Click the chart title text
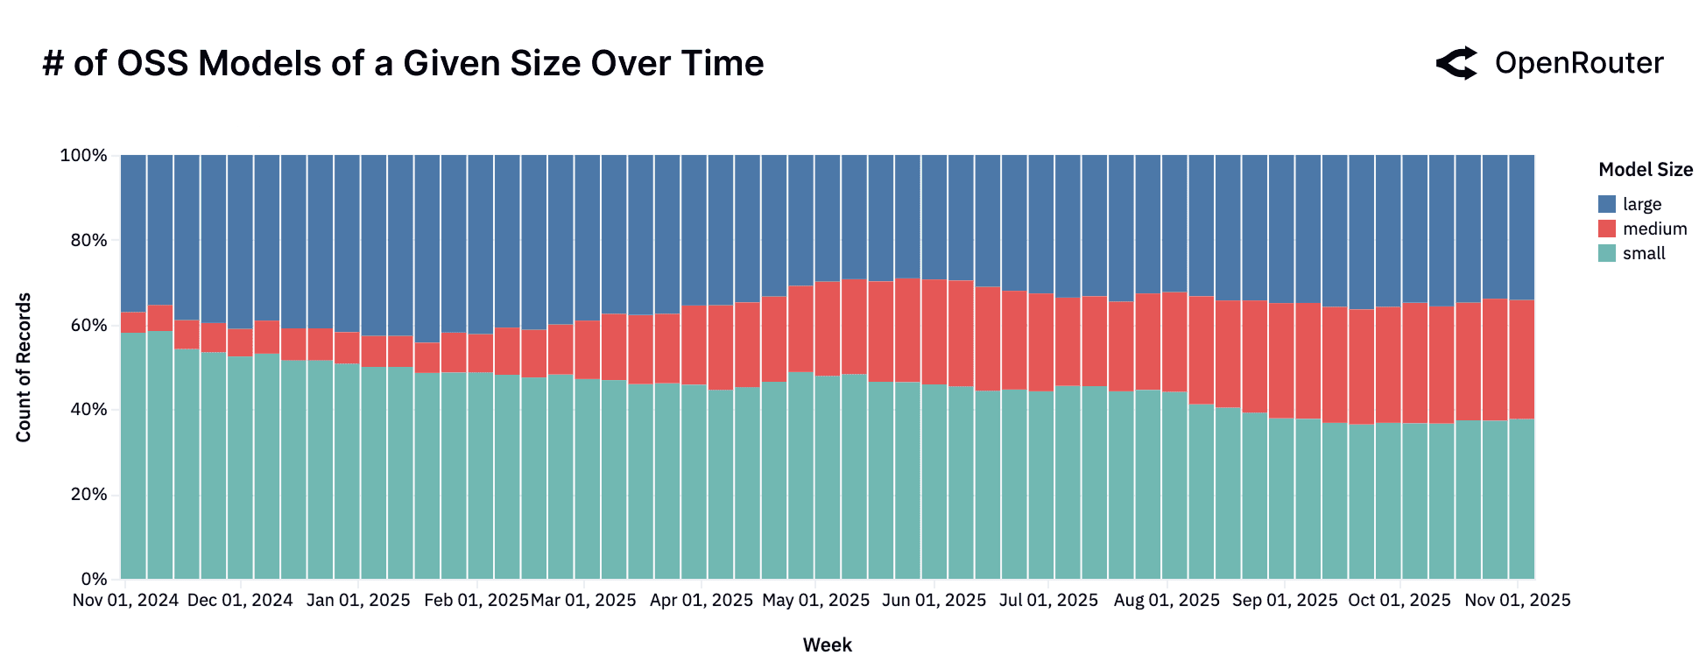pos(403,64)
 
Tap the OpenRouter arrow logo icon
pos(1457,63)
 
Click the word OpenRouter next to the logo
pos(1578,63)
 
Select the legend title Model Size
pos(1645,170)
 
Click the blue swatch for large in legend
pos(1607,204)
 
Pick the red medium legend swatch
pos(1607,229)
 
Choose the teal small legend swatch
pos(1607,253)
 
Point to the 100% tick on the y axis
pos(83,156)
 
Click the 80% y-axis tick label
pos(87,241)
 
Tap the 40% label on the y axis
pos(87,410)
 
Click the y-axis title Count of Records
pos(24,368)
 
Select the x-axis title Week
pos(827,645)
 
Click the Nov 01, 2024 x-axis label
pos(125,601)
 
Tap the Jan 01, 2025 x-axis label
pos(358,601)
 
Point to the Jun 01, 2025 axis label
pos(934,601)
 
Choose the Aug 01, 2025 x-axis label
pos(1167,601)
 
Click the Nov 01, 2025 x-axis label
pos(1518,601)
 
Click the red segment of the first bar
pos(133,322)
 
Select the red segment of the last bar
pos(1522,359)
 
